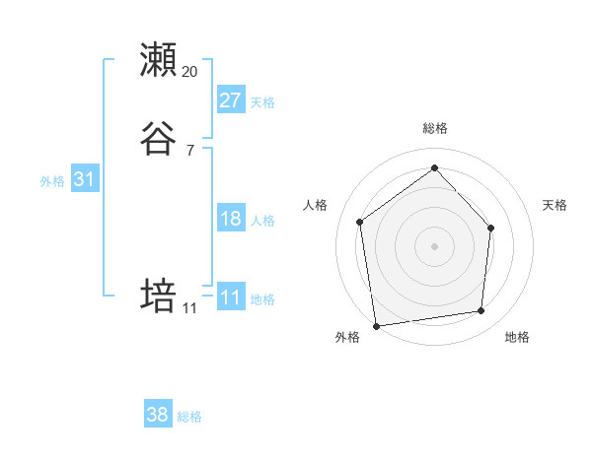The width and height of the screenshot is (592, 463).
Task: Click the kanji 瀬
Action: coord(158,60)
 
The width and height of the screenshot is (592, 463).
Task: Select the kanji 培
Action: coord(158,296)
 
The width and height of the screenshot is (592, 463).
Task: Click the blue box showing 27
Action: coord(231,99)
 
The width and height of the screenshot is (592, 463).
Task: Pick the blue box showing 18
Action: coord(231,219)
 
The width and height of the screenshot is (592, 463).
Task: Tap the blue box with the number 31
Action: coord(84,179)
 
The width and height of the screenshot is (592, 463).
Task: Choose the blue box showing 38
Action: coord(158,415)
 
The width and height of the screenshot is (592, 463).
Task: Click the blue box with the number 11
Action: coord(231,298)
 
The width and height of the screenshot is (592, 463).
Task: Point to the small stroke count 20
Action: coord(190,72)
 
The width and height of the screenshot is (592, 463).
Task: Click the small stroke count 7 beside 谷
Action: coord(190,151)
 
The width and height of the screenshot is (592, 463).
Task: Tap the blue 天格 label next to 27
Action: coord(262,102)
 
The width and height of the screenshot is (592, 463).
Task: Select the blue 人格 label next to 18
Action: coord(262,221)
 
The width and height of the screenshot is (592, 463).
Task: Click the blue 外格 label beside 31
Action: coord(52,181)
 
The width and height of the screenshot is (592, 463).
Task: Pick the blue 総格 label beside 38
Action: coord(189,417)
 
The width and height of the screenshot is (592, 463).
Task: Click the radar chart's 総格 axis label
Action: coord(434,128)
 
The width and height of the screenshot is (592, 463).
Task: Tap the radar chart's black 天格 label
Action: coord(555,205)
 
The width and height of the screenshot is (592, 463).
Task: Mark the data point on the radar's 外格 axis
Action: coord(376,325)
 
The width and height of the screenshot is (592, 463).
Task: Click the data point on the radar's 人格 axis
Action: coord(360,222)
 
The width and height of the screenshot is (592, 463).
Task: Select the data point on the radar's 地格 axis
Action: coord(481,311)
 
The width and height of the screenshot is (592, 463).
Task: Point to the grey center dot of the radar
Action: coord(434,245)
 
